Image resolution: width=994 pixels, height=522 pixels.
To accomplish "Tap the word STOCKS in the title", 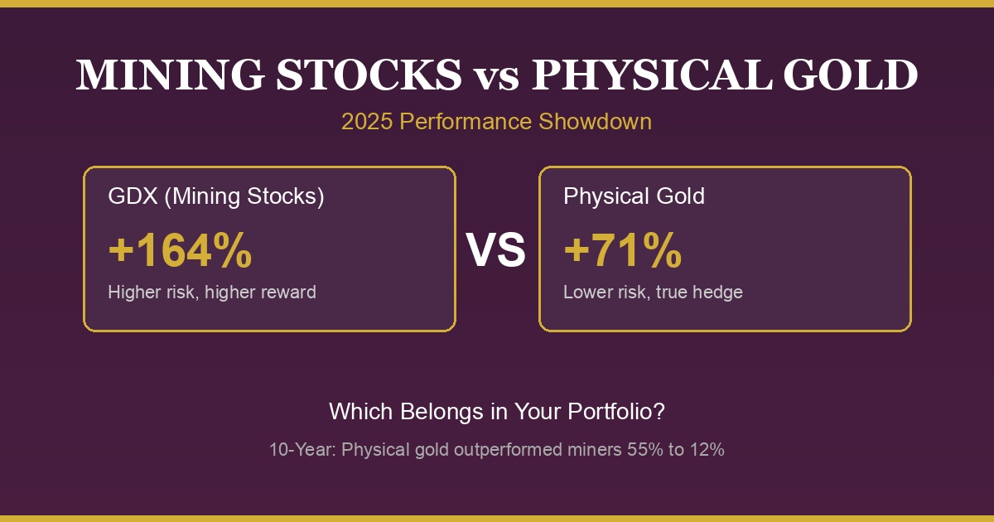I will pos(369,75).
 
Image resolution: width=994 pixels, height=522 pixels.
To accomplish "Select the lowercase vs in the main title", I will pos(497,77).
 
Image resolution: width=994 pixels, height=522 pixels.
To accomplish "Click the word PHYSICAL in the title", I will pos(652,75).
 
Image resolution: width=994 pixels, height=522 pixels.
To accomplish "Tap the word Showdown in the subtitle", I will pos(595,122).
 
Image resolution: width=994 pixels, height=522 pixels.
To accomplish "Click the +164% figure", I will pos(180,251).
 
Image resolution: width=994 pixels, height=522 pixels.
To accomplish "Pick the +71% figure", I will pos(622,251).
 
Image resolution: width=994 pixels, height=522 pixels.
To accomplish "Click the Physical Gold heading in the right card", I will pos(634,196).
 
